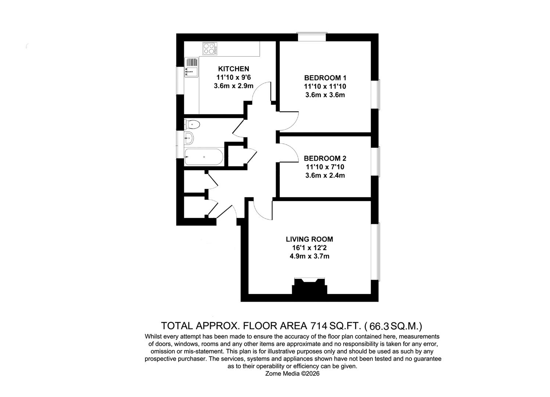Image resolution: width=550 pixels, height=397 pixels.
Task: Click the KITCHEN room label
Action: pyautogui.click(x=233, y=69)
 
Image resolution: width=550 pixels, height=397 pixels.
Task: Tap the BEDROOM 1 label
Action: pyautogui.click(x=325, y=78)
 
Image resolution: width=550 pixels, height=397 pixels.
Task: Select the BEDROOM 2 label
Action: pyautogui.click(x=325, y=158)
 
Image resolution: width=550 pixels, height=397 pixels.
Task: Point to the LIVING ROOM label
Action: pyautogui.click(x=309, y=239)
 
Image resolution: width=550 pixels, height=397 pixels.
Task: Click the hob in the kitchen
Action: pyautogui.click(x=209, y=49)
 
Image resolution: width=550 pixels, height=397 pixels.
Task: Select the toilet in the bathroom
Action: pyautogui.click(x=193, y=124)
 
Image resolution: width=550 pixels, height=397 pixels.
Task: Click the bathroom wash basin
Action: pyautogui.click(x=189, y=138)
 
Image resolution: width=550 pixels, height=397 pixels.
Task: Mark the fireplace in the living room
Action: pyautogui.click(x=309, y=286)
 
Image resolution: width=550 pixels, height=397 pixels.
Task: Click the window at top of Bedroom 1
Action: pyautogui.click(x=312, y=37)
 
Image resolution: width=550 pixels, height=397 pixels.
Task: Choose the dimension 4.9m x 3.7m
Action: pyautogui.click(x=309, y=256)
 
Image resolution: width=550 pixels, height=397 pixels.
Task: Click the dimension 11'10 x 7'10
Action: pyautogui.click(x=325, y=167)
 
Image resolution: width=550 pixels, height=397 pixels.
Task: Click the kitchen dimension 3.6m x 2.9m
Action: pyautogui.click(x=233, y=86)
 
